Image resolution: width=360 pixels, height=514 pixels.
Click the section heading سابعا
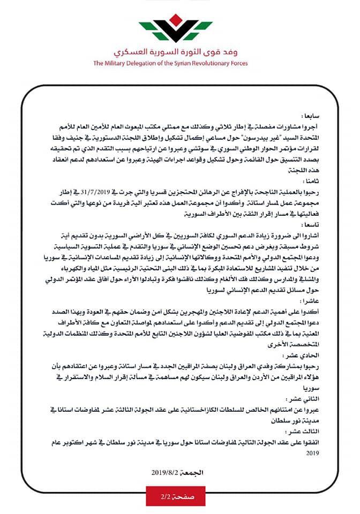(x=308, y=115)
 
